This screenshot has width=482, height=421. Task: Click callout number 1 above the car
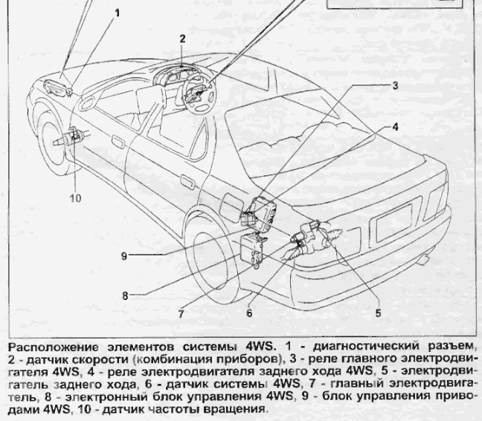(117, 13)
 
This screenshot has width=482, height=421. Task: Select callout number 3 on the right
(394, 85)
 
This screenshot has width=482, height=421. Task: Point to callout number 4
(395, 126)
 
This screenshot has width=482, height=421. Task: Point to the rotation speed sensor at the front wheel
(74, 137)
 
